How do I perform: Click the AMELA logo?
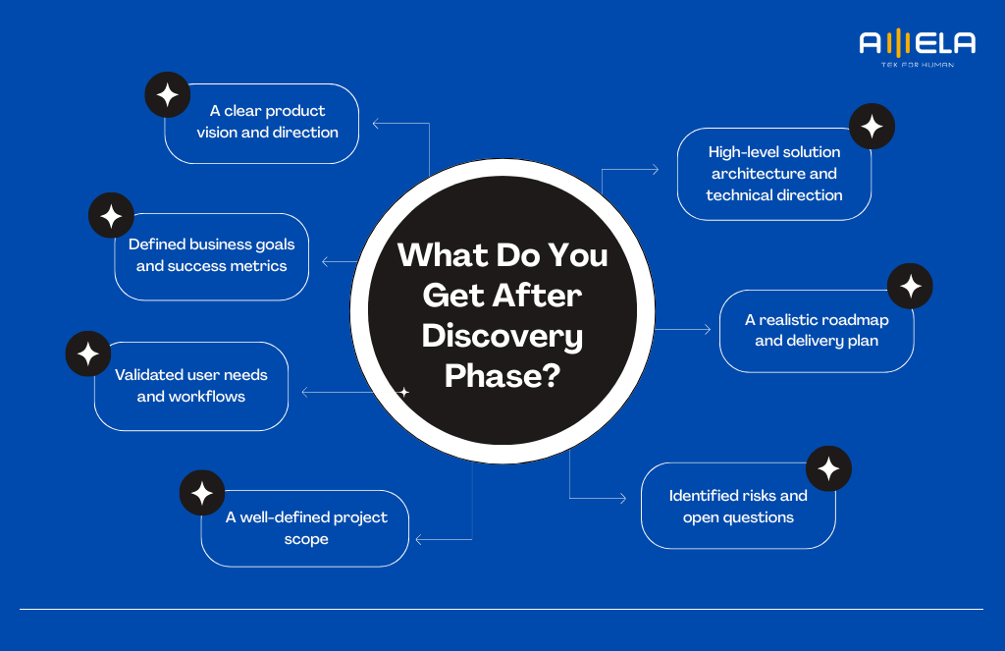tap(918, 47)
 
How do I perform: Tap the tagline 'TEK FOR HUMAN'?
tap(918, 65)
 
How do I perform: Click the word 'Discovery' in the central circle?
tap(502, 337)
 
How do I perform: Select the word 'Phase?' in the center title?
tap(502, 376)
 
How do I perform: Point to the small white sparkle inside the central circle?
tap(403, 392)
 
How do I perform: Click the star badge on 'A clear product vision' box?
tap(167, 95)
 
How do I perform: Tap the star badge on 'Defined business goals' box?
tap(111, 215)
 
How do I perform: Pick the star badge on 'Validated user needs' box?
tap(87, 353)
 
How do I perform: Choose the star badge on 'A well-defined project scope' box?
tap(202, 493)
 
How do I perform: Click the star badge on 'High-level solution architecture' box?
tap(872, 127)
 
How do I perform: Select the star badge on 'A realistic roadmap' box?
tap(910, 286)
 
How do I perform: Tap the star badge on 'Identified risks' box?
tap(828, 468)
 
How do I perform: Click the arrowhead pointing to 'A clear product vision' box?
tap(376, 123)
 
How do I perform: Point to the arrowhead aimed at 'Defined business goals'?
tap(325, 262)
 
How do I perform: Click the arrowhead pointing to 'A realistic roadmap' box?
tap(708, 330)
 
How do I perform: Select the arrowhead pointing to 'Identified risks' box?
tap(623, 498)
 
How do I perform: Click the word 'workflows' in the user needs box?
tap(206, 397)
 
